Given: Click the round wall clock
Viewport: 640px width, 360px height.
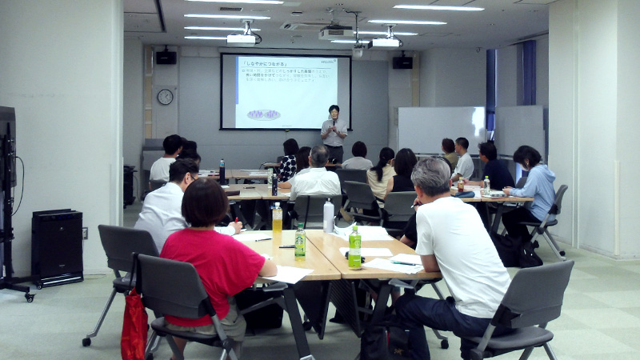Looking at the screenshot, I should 165,97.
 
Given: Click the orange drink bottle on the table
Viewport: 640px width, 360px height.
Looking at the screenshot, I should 277,221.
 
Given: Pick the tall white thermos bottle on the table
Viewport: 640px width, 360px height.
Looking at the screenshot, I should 328,216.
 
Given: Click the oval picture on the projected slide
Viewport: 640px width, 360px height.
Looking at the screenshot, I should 263,114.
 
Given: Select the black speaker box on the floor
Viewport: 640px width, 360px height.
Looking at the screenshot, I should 57,246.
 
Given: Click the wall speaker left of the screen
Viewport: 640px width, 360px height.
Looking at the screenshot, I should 166,57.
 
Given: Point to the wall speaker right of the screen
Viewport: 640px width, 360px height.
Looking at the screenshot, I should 402,62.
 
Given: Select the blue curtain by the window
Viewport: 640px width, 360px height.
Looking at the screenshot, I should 529,73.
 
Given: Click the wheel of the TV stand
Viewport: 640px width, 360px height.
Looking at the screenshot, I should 30,298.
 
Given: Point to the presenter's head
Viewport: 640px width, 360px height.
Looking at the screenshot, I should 334,110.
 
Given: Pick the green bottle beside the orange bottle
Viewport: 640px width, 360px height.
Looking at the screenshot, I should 300,241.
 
